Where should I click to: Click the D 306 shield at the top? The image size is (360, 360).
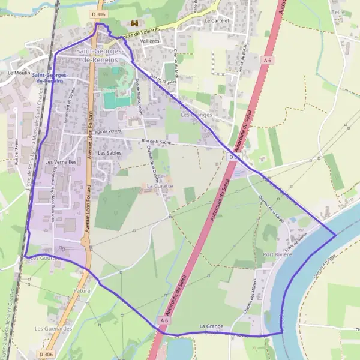99,13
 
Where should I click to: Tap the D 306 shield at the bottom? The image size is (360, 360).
46,355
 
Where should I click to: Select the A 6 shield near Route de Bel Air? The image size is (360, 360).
268,60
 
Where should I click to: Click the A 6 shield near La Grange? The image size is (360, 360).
164,321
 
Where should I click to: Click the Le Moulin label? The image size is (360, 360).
19,73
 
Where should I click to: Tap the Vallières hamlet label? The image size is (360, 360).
149,41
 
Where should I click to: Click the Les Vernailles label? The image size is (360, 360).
61,162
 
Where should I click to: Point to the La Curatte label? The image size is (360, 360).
160,186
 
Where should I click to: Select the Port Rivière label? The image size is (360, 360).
277,254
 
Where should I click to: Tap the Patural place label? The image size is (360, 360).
83,290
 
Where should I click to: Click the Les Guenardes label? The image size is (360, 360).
53,328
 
